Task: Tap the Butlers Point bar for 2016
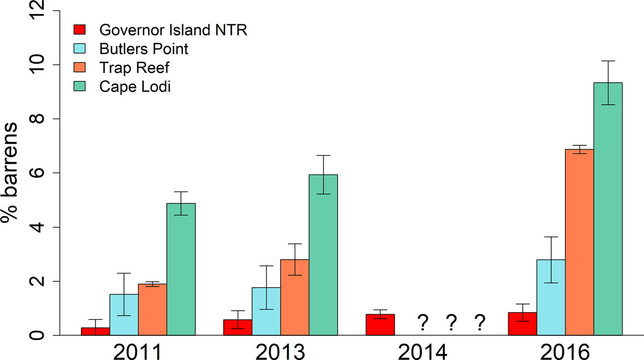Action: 551,298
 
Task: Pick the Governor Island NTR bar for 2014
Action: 380,325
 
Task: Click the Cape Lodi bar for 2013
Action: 323,255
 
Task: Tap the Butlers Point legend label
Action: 144,49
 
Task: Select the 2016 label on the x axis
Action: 566,351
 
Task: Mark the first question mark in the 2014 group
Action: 423,323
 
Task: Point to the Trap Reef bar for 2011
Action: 152,310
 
